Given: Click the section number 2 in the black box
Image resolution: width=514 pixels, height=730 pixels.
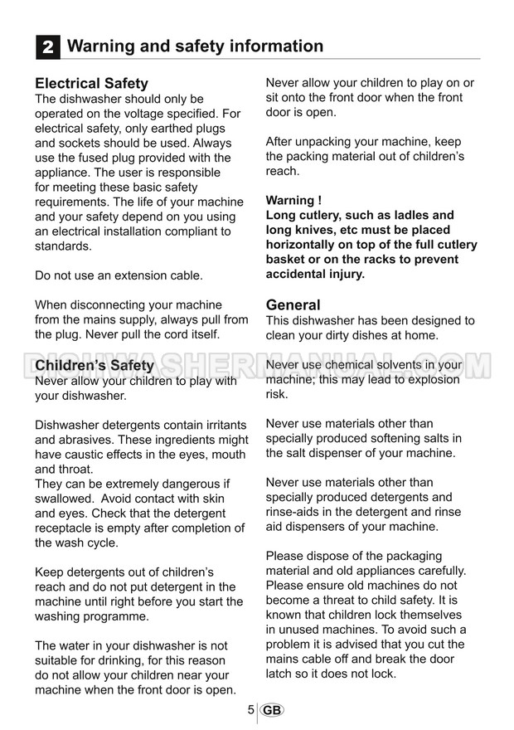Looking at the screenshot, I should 48,47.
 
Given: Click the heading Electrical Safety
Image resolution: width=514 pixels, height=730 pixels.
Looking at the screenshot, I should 91,84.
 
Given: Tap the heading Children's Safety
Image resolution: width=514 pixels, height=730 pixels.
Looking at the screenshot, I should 95,366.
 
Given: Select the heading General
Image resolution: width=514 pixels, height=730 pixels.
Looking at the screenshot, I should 293,305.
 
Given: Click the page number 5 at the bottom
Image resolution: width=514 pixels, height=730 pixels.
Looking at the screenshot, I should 250,710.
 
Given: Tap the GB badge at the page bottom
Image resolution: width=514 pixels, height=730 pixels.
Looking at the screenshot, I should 271,710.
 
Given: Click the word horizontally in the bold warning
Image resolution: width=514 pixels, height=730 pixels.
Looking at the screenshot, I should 303,246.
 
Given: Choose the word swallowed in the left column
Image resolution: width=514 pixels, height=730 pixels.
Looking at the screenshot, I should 65,499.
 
